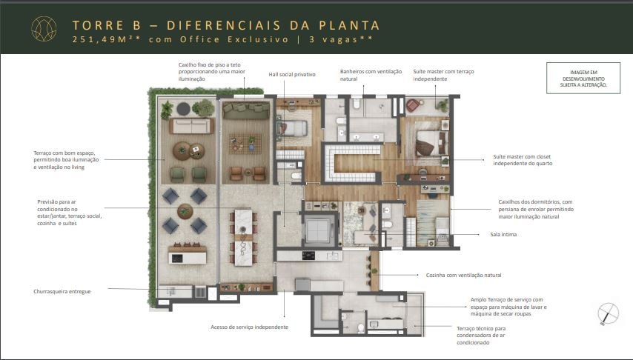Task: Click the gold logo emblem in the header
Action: (44, 29)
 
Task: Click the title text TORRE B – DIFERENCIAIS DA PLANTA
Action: (226, 25)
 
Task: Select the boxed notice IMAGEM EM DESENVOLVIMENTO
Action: (583, 79)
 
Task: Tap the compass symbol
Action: (608, 313)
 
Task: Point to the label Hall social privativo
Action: (292, 75)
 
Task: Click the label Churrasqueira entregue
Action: (62, 291)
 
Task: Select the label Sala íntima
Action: (503, 234)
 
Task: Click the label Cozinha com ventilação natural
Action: (464, 276)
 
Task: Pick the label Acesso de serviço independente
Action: (250, 327)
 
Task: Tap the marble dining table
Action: (243, 237)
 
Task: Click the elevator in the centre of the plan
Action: (319, 229)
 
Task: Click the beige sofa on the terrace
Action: (191, 125)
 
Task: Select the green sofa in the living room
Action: (246, 110)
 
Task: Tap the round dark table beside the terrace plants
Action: (183, 108)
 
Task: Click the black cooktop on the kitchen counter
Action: (308, 255)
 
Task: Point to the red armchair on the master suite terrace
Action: (413, 106)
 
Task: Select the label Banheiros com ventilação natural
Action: (371, 75)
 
